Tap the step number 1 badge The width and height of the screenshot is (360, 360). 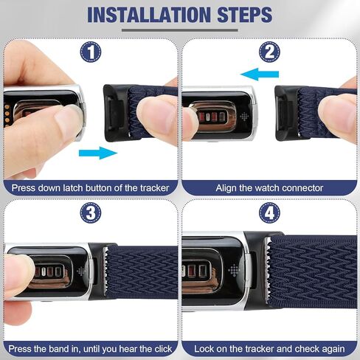tap(90, 52)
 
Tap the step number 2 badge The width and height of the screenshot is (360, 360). tap(270, 52)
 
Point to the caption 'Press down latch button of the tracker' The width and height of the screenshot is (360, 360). tap(90, 187)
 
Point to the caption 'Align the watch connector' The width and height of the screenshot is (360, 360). tap(270, 187)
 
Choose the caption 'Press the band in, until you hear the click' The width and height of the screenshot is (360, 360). tap(90, 347)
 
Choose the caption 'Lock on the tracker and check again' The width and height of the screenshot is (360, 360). tap(270, 347)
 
